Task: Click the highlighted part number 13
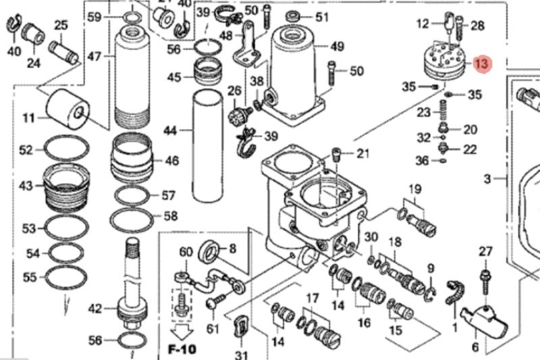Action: tap(481, 64)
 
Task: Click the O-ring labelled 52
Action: tap(66, 150)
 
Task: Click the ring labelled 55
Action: tap(65, 276)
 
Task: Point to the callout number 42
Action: tap(95, 309)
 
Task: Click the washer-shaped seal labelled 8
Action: tap(211, 253)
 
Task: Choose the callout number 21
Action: tap(363, 153)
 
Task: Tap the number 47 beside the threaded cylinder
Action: tap(94, 56)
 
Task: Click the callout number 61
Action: tap(213, 329)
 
